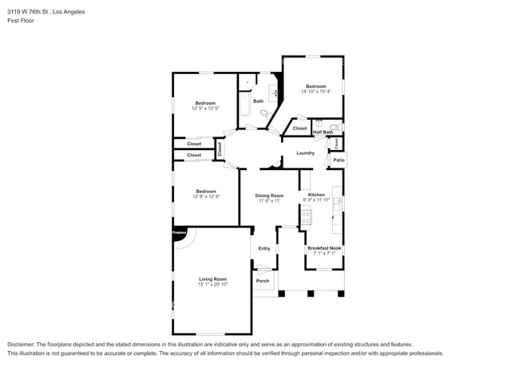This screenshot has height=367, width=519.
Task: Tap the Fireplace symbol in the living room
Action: click(179, 234)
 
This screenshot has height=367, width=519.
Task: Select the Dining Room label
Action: click(269, 195)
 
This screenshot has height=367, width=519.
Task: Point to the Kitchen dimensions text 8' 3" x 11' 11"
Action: click(316, 200)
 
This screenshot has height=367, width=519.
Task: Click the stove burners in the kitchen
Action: click(306, 215)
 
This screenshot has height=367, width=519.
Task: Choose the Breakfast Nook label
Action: click(324, 248)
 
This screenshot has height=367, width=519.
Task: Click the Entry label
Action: click(263, 248)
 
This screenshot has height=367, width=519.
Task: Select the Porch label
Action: click(263, 281)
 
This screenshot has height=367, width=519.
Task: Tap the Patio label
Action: click(339, 160)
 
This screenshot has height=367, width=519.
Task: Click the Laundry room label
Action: click(305, 152)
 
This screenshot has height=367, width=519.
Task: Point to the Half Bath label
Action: click(334, 132)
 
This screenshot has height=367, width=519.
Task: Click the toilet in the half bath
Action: click(335, 126)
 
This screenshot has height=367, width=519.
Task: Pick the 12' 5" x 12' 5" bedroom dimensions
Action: click(206, 109)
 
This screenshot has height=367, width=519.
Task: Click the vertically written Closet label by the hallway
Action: click(220, 148)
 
